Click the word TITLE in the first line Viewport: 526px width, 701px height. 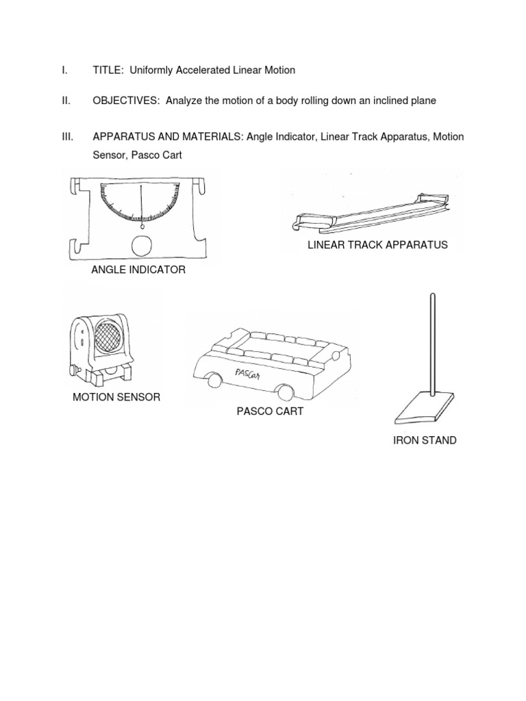107,70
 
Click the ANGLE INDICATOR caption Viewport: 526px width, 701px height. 138,270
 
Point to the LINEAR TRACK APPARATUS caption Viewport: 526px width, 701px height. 377,244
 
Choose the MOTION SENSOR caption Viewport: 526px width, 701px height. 116,397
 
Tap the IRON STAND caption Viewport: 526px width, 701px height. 425,440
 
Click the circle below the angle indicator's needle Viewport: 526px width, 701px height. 142,245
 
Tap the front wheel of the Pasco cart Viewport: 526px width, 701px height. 216,380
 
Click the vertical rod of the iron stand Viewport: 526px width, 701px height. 432,342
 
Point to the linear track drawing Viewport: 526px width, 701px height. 370,214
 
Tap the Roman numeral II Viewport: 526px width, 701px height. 65,101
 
